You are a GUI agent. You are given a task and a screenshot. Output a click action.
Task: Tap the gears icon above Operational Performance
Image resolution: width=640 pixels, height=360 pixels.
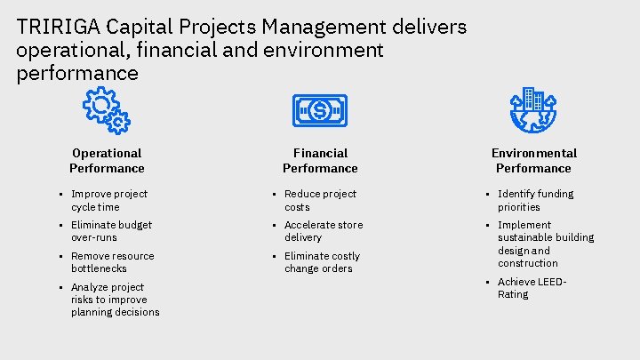tap(107, 110)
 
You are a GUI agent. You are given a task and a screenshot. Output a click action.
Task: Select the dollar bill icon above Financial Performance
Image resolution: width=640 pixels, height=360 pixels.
tap(320, 110)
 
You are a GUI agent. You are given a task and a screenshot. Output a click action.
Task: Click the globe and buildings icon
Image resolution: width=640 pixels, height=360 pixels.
tap(533, 110)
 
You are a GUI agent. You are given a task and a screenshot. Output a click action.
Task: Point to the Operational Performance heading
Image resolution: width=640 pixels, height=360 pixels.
tap(107, 161)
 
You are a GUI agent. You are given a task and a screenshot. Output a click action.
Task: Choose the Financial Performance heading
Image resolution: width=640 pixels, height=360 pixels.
tap(320, 161)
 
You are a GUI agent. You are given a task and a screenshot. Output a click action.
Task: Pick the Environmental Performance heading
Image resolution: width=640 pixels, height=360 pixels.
tap(533, 161)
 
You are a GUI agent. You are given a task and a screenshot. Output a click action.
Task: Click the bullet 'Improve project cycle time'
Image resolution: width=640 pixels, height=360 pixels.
tap(108, 200)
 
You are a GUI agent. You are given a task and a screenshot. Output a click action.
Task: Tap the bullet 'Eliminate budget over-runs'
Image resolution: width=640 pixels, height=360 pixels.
tap(111, 231)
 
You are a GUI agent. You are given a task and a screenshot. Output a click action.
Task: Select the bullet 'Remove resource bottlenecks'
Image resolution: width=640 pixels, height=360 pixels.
tap(112, 262)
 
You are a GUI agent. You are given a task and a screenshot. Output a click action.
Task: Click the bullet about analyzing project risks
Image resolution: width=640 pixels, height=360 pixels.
tap(115, 300)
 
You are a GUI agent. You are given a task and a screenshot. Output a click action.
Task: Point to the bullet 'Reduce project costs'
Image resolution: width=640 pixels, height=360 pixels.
tap(320, 200)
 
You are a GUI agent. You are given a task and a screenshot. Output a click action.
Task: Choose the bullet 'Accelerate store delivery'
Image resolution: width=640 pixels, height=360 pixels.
tap(324, 231)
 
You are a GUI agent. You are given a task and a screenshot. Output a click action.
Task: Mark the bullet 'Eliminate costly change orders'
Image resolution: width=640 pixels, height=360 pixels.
tap(322, 262)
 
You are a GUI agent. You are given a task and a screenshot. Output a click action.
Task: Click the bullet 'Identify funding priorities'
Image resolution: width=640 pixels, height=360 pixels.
tap(535, 200)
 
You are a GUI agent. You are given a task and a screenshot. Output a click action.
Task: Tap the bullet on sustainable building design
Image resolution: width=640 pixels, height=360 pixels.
tap(545, 244)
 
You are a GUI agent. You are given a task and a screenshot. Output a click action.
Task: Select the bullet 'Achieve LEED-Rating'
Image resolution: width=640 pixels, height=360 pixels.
tap(532, 288)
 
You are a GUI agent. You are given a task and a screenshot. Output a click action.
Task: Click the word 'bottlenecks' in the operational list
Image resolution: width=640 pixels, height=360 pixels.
tap(99, 268)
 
